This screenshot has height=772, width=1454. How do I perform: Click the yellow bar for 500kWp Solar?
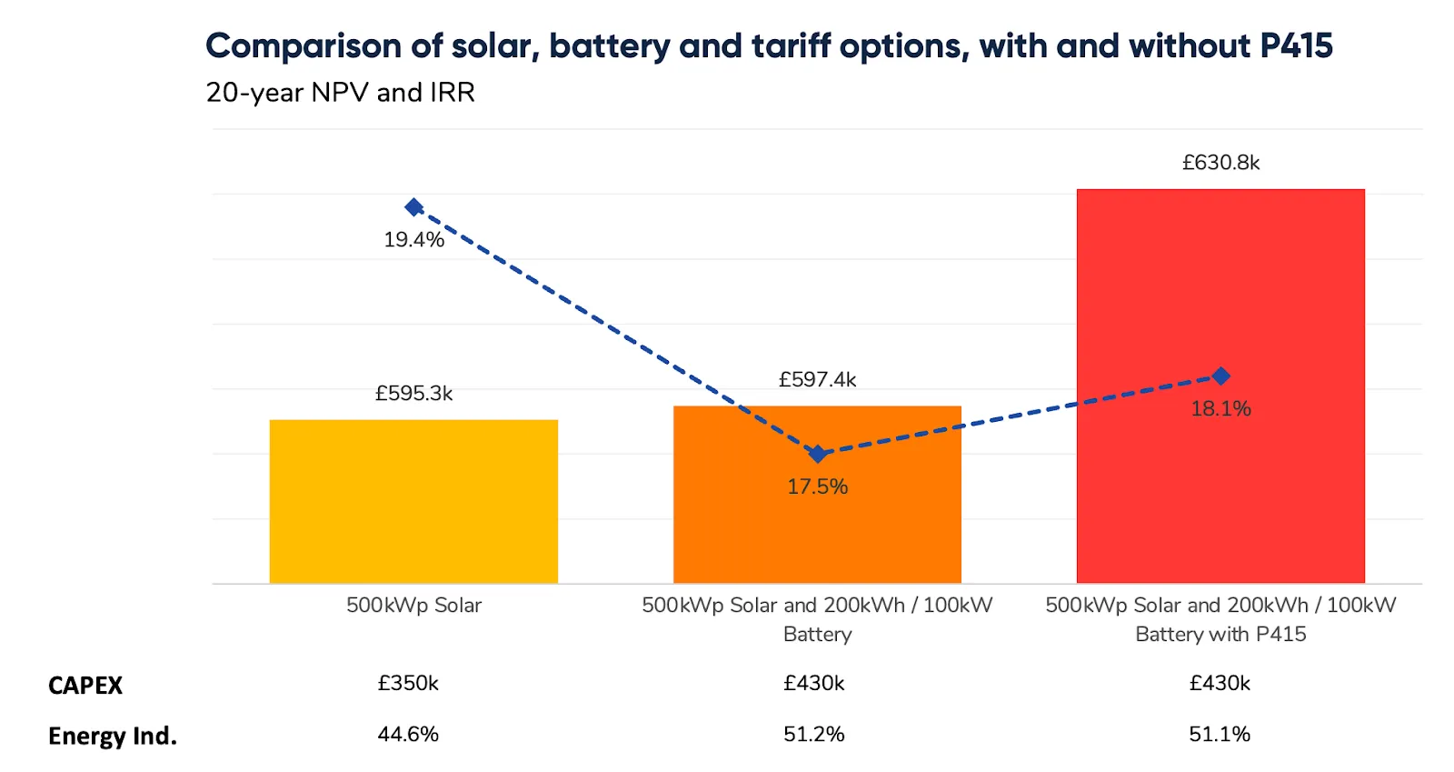[x=413, y=501]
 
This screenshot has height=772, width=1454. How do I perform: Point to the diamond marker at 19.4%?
[x=414, y=207]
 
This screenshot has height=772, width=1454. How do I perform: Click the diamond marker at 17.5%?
[x=818, y=454]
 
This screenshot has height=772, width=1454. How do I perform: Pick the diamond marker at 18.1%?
[x=1221, y=376]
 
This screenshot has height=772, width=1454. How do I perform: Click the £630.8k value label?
[x=1220, y=163]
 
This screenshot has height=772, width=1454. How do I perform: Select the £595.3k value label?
[x=413, y=394]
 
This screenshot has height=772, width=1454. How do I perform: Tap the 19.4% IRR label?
[x=413, y=240]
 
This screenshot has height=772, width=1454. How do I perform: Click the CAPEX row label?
[x=85, y=686]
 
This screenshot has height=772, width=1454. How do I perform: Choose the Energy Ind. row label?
[x=113, y=736]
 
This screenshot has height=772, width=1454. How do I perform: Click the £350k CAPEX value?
[x=408, y=684]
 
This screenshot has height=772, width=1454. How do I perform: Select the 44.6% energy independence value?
[x=408, y=735]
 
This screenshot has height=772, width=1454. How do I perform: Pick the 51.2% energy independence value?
[x=813, y=735]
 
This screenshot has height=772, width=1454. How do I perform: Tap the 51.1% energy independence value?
[x=1220, y=735]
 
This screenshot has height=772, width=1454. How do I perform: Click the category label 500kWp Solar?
[x=413, y=606]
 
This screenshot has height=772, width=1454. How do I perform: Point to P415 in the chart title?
[x=1296, y=45]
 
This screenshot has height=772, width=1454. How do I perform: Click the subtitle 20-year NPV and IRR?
[x=340, y=93]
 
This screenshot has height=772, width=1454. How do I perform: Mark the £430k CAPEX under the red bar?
[x=1220, y=684]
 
